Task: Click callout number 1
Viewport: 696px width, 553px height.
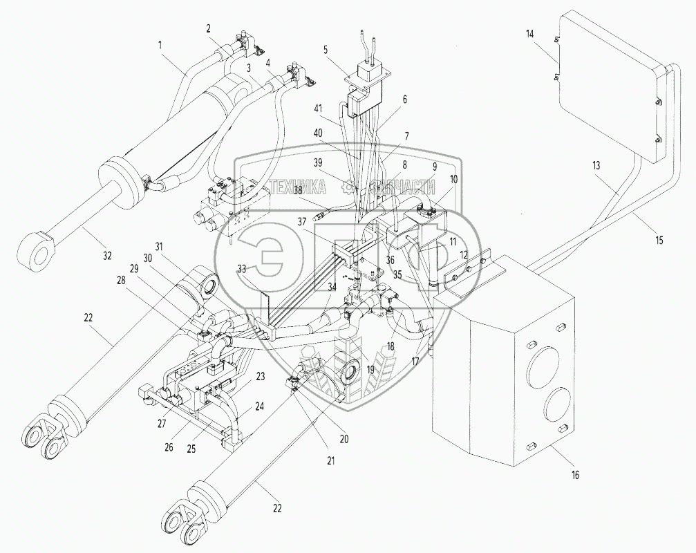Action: (x=160, y=45)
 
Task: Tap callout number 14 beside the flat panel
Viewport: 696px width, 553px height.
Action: (x=530, y=34)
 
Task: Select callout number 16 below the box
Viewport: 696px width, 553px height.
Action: (x=575, y=476)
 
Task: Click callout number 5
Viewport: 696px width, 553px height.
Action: (x=326, y=49)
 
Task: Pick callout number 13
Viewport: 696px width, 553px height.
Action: (x=596, y=165)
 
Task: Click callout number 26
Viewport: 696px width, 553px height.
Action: (x=169, y=448)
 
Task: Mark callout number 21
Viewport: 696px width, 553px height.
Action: (x=330, y=460)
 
